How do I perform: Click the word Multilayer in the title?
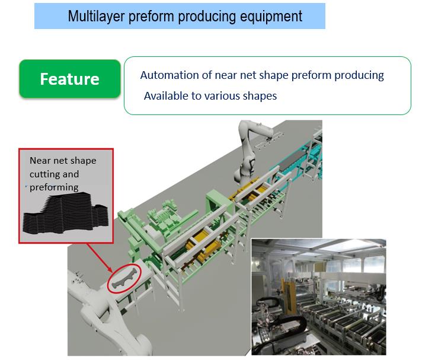(x=95, y=16)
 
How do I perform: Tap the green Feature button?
(x=69, y=78)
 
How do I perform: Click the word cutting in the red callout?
(x=45, y=174)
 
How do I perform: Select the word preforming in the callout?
(x=54, y=187)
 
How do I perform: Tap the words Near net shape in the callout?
(x=63, y=161)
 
